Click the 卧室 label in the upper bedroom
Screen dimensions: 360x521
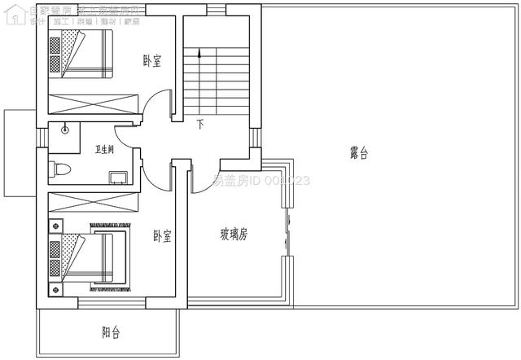point(151,61)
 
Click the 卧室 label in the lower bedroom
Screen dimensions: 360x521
point(162,236)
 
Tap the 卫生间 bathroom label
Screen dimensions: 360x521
point(104,150)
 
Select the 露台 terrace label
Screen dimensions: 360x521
point(359,152)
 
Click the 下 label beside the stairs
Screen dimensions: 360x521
point(200,125)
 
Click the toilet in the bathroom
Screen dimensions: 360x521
point(62,169)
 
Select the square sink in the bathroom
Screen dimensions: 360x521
point(116,177)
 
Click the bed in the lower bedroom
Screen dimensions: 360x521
point(87,256)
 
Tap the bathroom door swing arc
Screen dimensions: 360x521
point(126,134)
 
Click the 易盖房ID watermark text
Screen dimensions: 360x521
point(260,181)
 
